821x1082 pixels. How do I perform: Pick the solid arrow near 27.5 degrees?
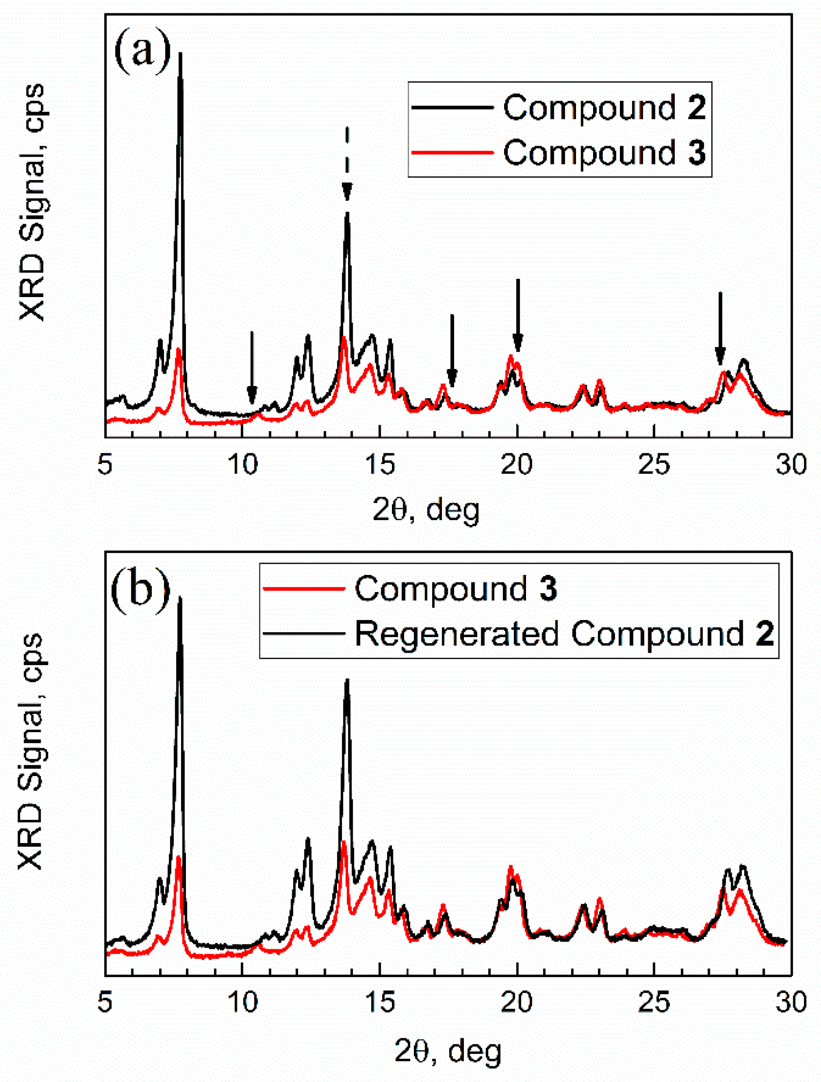[719, 328]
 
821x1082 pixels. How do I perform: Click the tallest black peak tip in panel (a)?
[181, 54]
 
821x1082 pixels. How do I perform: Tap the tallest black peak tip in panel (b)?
[180, 598]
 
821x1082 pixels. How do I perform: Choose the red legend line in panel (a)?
[451, 153]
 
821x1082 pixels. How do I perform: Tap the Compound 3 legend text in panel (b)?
[455, 588]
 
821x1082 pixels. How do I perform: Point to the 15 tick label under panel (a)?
[380, 464]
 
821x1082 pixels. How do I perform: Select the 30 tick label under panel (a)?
[791, 464]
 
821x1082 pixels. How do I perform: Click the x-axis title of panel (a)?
[425, 511]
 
